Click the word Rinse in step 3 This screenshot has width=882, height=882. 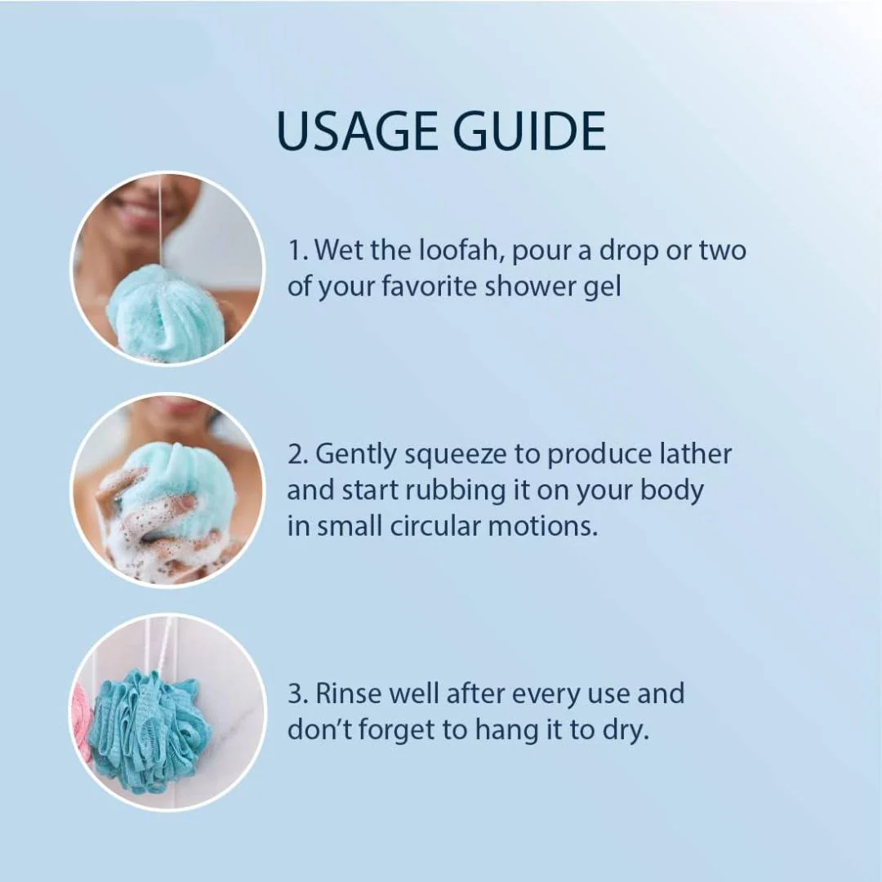(x=348, y=693)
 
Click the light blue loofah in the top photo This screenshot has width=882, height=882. (x=164, y=311)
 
